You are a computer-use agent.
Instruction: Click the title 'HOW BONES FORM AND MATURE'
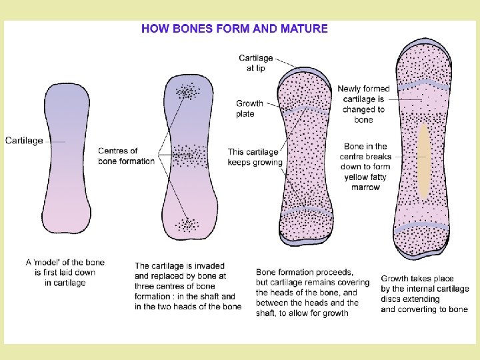pyautogui.click(x=235, y=29)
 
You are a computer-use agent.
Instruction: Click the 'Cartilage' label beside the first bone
pyautogui.click(x=24, y=141)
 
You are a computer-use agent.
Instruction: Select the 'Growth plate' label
pyautogui.click(x=249, y=109)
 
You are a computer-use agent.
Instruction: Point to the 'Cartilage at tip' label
pyautogui.click(x=256, y=63)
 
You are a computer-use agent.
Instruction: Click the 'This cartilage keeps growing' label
pyautogui.click(x=255, y=157)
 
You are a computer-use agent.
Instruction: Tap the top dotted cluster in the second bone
pyautogui.click(x=187, y=91)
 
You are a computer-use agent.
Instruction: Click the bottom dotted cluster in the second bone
pyautogui.click(x=186, y=225)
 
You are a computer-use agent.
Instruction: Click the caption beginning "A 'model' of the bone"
pyautogui.click(x=65, y=272)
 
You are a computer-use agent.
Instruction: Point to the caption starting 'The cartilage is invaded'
pyautogui.click(x=188, y=286)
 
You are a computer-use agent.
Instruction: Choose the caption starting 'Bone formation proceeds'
pyautogui.click(x=312, y=292)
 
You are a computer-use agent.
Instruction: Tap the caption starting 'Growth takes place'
pyautogui.click(x=425, y=294)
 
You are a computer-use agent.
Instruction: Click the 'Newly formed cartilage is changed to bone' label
pyautogui.click(x=363, y=104)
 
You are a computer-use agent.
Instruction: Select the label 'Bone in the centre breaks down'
pyautogui.click(x=365, y=167)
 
